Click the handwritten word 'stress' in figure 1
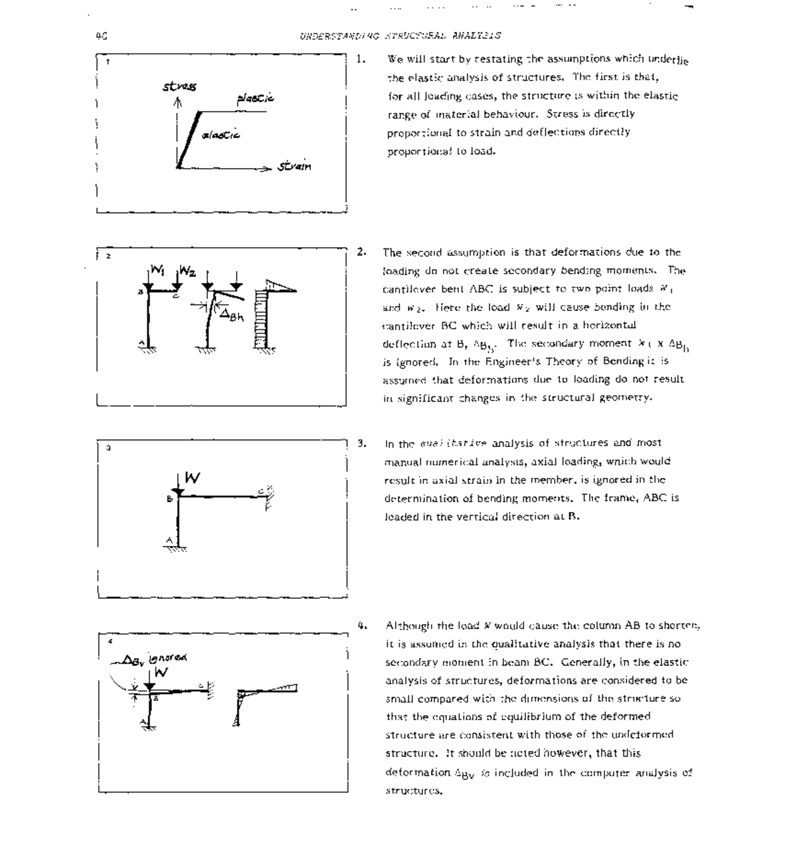179,86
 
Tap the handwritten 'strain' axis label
294,166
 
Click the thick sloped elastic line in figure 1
189,138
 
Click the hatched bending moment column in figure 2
265,319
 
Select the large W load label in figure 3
192,477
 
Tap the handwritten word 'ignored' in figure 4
167,657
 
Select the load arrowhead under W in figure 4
149,685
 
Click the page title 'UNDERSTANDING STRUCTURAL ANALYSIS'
400,36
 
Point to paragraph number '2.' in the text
361,252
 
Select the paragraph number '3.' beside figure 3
362,442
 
